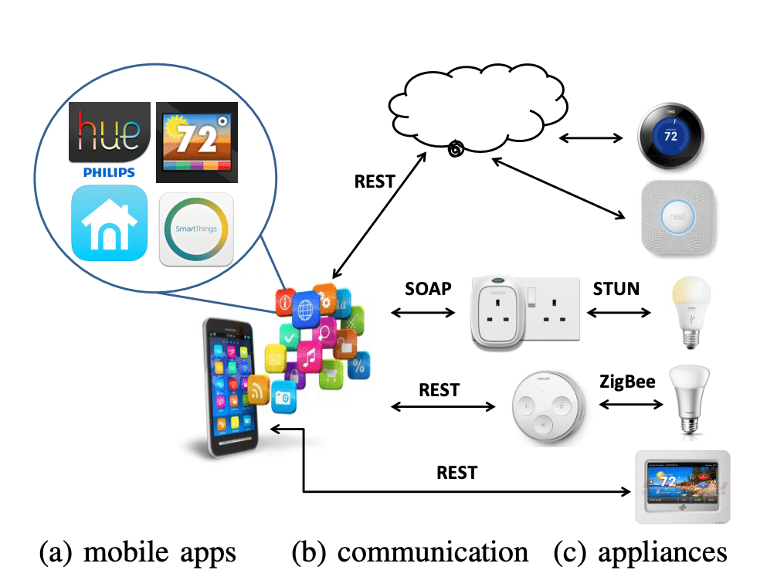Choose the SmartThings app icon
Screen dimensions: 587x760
196,229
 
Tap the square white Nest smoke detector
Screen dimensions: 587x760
679,217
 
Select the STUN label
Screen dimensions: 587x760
616,289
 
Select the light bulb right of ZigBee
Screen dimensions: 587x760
690,397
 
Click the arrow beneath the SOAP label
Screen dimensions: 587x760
424,313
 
